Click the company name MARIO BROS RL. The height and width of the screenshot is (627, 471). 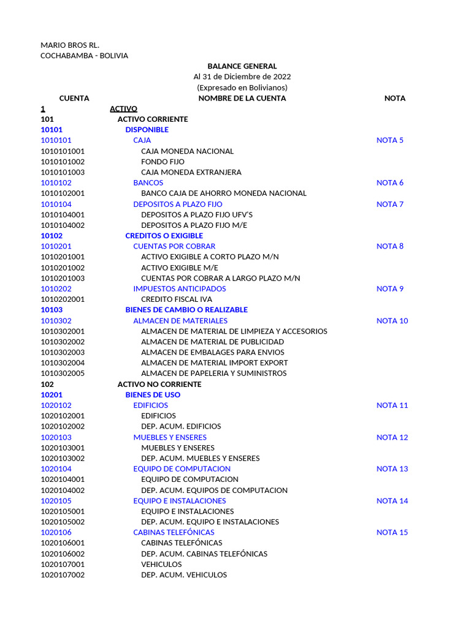[x=70, y=45]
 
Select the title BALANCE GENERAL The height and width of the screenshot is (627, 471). [x=242, y=66]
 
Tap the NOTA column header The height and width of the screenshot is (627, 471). [x=394, y=98]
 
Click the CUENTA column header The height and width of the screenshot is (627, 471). [x=74, y=98]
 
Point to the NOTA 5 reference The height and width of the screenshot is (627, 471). [x=390, y=140]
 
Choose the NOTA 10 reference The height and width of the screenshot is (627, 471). [x=392, y=321]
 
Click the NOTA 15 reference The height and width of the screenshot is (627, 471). [x=392, y=532]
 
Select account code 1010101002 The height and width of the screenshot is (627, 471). [x=63, y=162]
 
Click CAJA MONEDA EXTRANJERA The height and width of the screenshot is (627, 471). [x=191, y=172]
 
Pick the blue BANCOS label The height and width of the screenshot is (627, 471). [x=148, y=182]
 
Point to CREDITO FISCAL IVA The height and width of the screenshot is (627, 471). [x=177, y=299]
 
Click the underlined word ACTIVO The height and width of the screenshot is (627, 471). [x=123, y=108]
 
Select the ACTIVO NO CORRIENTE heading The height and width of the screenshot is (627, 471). [x=159, y=384]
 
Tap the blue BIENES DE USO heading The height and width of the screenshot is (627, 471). [x=153, y=395]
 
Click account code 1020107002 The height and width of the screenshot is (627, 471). [x=63, y=575]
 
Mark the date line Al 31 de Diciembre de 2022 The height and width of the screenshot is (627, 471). [x=242, y=77]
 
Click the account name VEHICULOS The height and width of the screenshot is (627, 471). [x=161, y=564]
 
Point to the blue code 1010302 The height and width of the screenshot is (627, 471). [x=56, y=321]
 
